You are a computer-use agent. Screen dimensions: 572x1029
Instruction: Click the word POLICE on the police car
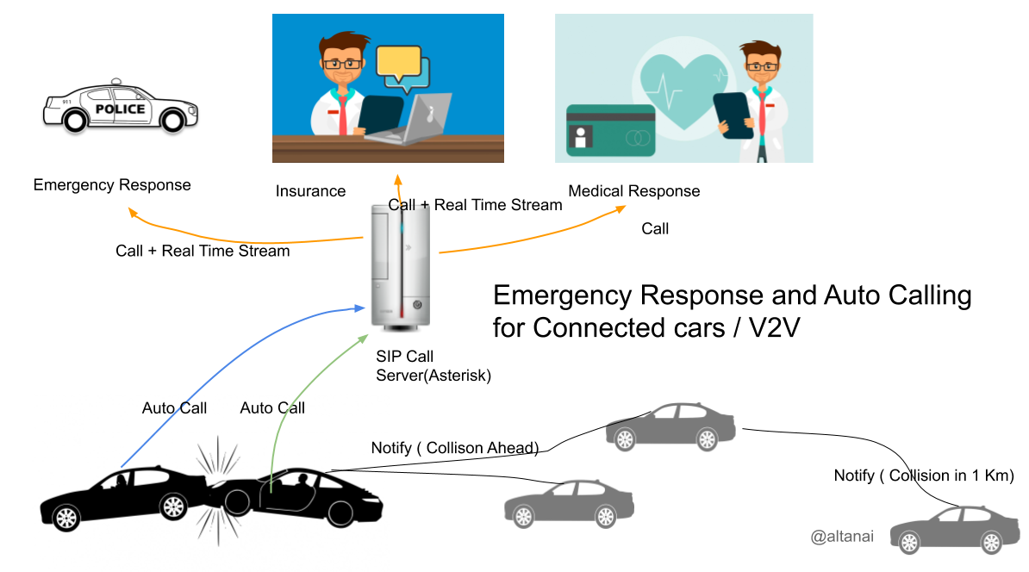coord(120,109)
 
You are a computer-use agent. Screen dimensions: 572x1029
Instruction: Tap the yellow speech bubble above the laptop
coord(398,62)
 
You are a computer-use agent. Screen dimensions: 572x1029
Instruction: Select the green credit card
coord(610,130)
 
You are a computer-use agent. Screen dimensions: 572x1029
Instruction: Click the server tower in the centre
coord(400,264)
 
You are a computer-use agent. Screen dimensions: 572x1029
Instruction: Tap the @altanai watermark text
coord(841,537)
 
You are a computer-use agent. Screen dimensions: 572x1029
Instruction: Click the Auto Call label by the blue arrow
coord(174,408)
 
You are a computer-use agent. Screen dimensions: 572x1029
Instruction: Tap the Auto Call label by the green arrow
coord(272,408)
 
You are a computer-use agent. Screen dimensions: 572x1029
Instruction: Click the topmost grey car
coord(670,426)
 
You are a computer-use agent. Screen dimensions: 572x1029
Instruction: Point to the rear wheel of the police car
coord(76,121)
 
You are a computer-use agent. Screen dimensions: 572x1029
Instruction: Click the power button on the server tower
coord(417,304)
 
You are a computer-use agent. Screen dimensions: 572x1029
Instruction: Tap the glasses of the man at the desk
coord(340,64)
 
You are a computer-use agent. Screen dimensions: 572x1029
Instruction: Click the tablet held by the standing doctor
coord(733,114)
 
